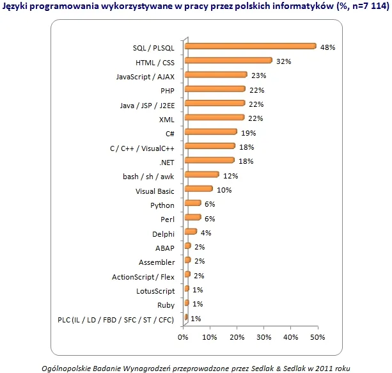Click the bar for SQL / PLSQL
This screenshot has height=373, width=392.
249,46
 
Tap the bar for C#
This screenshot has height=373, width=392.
210,132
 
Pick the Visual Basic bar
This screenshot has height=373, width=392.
198,189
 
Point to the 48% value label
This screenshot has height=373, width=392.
328,47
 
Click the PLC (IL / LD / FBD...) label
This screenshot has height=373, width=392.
119,319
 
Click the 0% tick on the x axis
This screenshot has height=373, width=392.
184,337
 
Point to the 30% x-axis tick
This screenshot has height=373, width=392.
263,337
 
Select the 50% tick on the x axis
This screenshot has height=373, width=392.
317,337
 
